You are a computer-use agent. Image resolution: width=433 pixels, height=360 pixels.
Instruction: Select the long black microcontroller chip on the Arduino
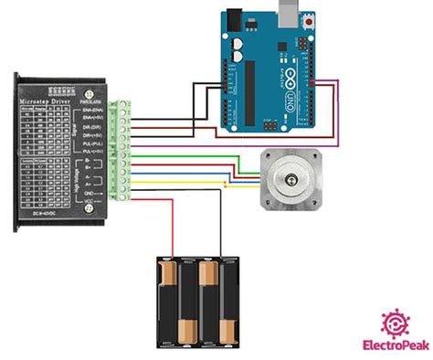[x=248, y=92]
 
